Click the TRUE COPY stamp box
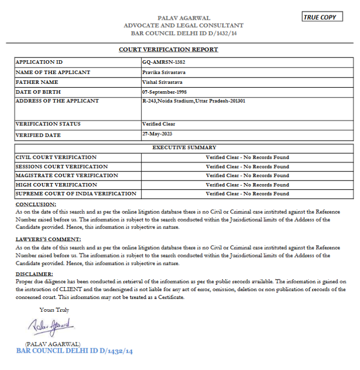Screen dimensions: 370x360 (322, 17)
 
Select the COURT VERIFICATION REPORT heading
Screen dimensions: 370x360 (168, 49)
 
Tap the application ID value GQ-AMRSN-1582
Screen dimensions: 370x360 (163, 62)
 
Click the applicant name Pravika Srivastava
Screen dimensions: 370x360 (164, 72)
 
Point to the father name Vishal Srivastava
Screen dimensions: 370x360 (162, 82)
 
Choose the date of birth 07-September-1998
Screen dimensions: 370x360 (164, 92)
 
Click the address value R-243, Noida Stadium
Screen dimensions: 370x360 (193, 101)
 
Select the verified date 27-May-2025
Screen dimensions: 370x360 (157, 134)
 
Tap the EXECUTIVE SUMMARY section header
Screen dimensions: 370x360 (184, 148)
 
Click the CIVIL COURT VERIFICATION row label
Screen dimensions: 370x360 (56, 157)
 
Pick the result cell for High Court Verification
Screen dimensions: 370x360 (247, 185)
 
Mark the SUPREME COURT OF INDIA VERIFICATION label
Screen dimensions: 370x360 (76, 194)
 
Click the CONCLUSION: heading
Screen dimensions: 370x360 (36, 204)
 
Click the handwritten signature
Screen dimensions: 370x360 (51, 326)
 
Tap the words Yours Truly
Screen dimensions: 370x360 (54, 310)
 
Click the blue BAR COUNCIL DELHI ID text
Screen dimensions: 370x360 (74, 351)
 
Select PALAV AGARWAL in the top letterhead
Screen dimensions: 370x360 (183, 18)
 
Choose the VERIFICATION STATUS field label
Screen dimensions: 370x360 (48, 124)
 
